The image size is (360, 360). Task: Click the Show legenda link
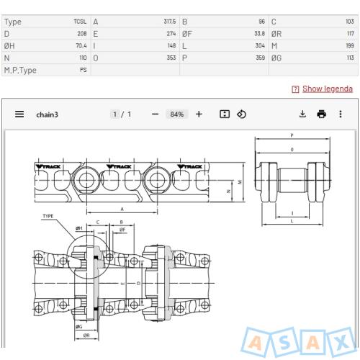(x=327, y=89)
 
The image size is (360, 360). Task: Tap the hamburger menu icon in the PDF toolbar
(x=19, y=114)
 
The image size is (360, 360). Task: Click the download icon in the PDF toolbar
(x=302, y=114)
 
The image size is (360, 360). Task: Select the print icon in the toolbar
(x=321, y=114)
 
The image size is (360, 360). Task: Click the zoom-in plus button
(x=199, y=114)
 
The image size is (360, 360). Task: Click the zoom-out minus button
(x=155, y=114)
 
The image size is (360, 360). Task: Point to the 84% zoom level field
(x=176, y=114)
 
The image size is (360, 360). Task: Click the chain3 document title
(x=47, y=114)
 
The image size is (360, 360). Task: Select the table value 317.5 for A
(x=170, y=22)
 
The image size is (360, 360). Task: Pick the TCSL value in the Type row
(x=80, y=22)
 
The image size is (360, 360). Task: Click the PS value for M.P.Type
(x=83, y=70)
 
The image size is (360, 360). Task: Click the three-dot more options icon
(x=340, y=114)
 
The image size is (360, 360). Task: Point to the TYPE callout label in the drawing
(x=48, y=216)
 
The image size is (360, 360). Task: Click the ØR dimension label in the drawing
(x=86, y=335)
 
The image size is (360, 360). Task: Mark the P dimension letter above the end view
(x=292, y=135)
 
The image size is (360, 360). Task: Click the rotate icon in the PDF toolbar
(x=242, y=114)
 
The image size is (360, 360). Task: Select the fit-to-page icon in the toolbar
(x=225, y=114)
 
